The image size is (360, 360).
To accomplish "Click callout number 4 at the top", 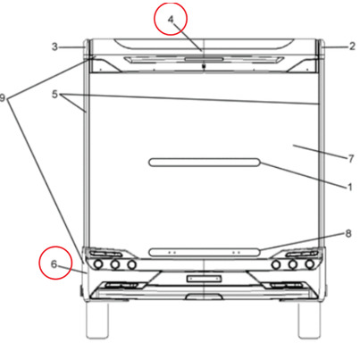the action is (x=171, y=20).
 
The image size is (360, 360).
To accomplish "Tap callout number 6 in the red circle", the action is (x=54, y=264).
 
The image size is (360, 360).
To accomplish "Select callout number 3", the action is (x=54, y=46).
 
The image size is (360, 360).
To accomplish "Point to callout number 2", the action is (x=352, y=46).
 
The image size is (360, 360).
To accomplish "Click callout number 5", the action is (x=54, y=95).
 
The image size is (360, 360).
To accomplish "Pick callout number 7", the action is (x=351, y=159).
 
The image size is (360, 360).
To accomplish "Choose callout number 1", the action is (x=350, y=187).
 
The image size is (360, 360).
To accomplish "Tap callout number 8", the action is (x=348, y=233).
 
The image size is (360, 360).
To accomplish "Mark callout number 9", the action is (x=3, y=97).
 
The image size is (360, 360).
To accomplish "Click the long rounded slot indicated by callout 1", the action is (x=205, y=163).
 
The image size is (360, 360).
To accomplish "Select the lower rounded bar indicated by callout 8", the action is (x=205, y=252).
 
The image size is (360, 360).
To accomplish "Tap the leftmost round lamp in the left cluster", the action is (x=98, y=264).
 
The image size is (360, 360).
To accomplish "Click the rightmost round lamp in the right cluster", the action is (x=310, y=264).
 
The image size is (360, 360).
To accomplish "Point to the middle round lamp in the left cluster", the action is (x=115, y=264).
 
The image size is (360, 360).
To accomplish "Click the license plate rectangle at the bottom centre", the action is (x=204, y=279).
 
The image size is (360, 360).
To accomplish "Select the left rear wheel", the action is (x=96, y=320).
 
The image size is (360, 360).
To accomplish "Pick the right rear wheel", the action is (x=309, y=320).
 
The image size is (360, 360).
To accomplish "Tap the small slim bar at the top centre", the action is (x=204, y=59).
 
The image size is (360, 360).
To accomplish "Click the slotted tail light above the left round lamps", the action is (x=106, y=254).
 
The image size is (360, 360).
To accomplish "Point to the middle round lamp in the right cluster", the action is (x=293, y=264).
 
